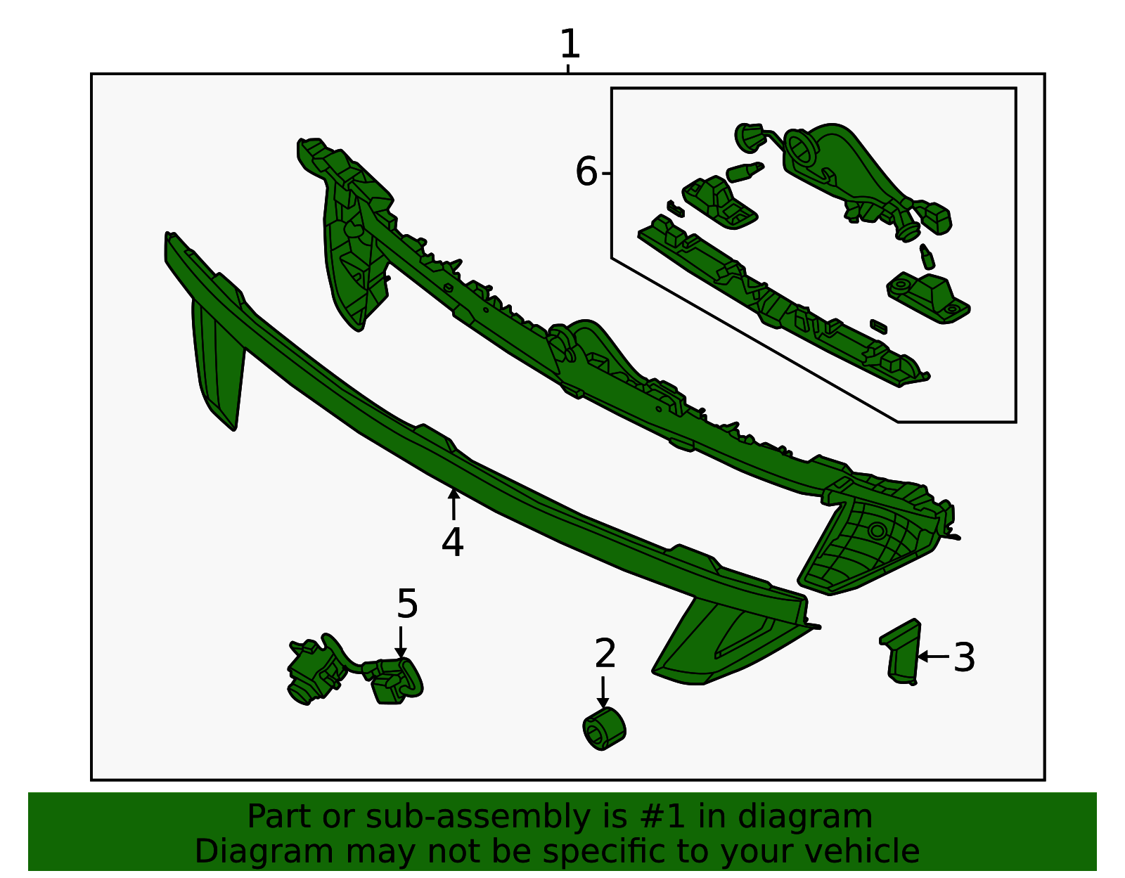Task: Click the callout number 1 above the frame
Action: coord(570,44)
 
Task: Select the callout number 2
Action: coord(605,654)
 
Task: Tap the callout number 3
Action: coord(964,657)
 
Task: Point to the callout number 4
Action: coord(453,542)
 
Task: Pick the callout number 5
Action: coord(407,603)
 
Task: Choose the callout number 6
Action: coord(586,172)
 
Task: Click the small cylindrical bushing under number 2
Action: coord(604,728)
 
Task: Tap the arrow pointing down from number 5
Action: coord(401,643)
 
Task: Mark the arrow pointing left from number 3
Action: coord(934,657)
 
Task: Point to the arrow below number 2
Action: coord(603,692)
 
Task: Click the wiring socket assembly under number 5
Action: coord(355,669)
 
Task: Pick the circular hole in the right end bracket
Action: coord(877,531)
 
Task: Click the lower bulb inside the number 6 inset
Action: coord(927,257)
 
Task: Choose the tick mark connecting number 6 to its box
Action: coord(606,174)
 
